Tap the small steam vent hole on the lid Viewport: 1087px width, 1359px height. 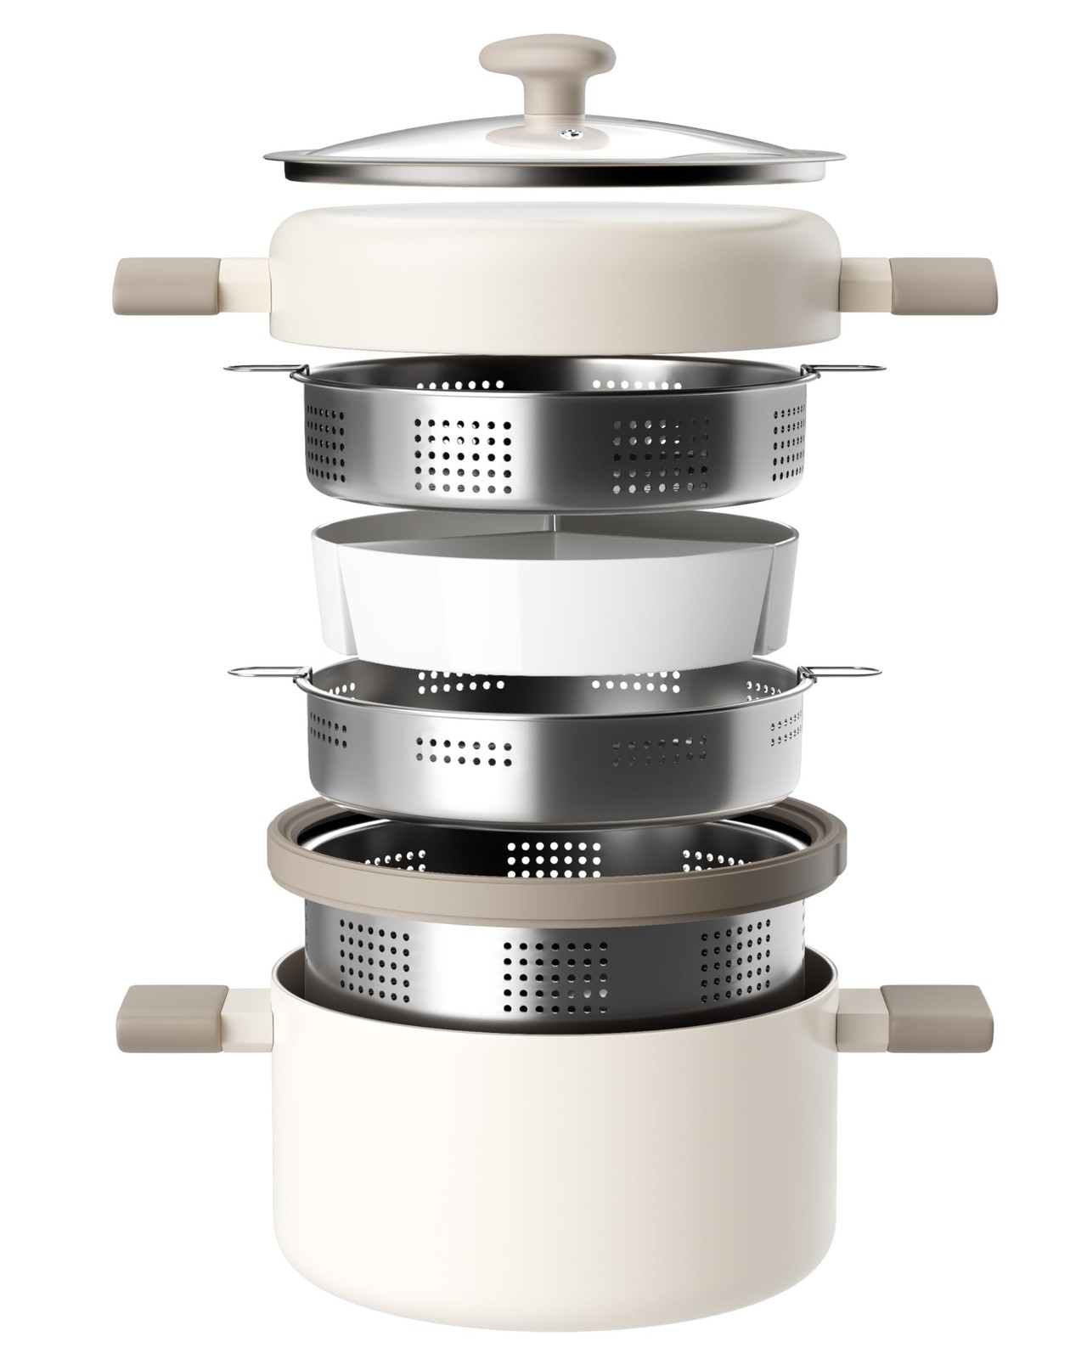[575, 133]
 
